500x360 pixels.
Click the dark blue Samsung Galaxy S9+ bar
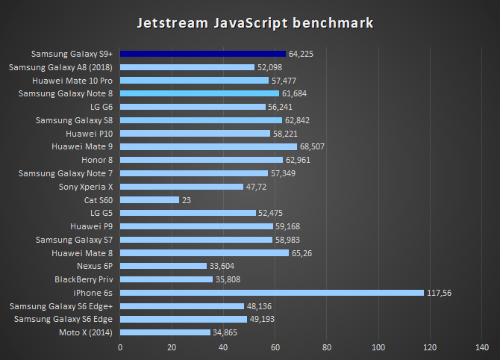[x=203, y=54]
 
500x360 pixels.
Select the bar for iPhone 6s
[x=272, y=293]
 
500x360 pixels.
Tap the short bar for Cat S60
[x=149, y=200]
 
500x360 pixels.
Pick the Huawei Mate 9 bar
[x=208, y=146]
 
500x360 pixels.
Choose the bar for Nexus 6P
[x=163, y=266]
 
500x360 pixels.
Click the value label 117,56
[x=440, y=293]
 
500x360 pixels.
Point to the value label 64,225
[x=303, y=54]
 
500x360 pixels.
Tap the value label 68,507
[x=314, y=146]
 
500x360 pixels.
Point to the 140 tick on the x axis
[x=482, y=347]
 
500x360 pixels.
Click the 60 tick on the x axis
[x=275, y=347]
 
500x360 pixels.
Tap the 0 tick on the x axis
[x=120, y=347]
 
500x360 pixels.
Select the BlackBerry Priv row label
[x=84, y=279]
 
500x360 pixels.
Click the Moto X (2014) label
[x=86, y=332]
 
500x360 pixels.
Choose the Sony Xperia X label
[x=85, y=187]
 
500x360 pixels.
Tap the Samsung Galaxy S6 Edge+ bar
[x=182, y=306]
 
